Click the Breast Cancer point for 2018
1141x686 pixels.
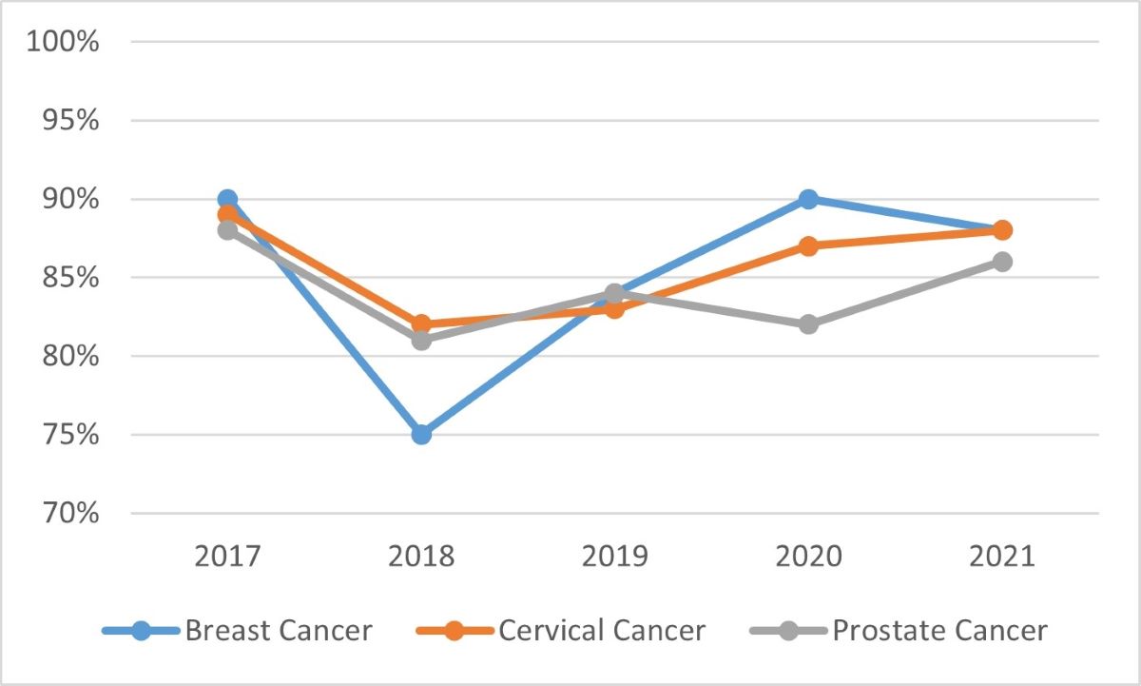pos(421,435)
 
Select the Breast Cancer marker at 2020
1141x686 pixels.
pos(808,199)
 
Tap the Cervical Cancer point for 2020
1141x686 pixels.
pos(808,246)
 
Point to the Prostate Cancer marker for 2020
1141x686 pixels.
pos(808,324)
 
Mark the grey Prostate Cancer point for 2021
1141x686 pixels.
pos(1002,262)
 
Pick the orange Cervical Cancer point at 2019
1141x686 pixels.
pos(615,308)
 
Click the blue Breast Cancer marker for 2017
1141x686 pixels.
pos(227,199)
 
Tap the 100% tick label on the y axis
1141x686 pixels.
pos(64,43)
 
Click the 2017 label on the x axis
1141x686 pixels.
pos(227,556)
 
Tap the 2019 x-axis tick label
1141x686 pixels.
pos(615,556)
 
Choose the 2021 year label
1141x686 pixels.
pos(1002,556)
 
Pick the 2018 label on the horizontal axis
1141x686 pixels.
pos(421,556)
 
